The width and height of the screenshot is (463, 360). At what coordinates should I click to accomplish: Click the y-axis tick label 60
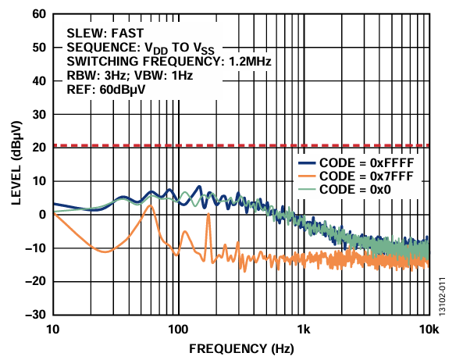[x=38, y=14]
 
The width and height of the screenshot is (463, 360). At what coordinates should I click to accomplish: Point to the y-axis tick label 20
[x=38, y=148]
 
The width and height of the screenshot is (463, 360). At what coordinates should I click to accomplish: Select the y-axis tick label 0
[x=42, y=215]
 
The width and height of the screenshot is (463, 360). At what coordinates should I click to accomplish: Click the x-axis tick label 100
[x=179, y=329]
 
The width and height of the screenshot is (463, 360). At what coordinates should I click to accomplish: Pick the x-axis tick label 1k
[x=304, y=329]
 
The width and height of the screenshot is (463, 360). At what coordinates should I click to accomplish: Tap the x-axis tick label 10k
[x=427, y=329]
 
